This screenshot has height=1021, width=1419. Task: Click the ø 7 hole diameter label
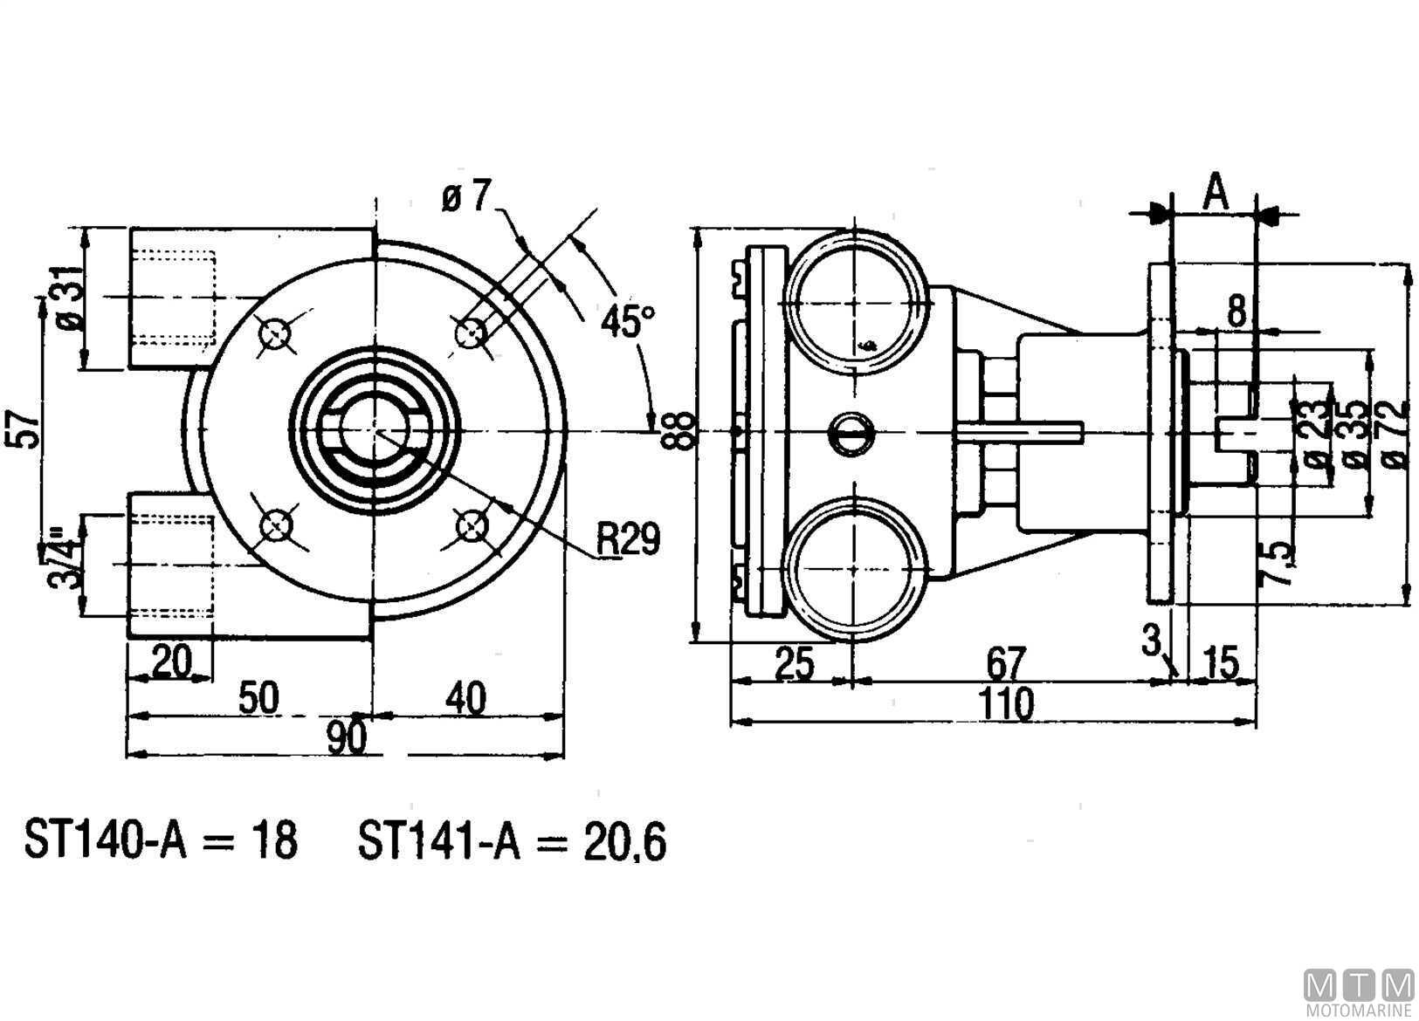[x=467, y=197]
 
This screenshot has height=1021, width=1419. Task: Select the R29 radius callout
[x=628, y=538]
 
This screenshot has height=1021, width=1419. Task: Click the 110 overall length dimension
[x=1006, y=703]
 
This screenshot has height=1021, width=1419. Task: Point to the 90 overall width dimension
[x=348, y=737]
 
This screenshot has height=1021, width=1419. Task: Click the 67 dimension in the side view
[x=1005, y=663]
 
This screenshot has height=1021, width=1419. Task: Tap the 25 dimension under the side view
[x=795, y=663]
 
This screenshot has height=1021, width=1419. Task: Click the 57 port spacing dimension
[x=23, y=428]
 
